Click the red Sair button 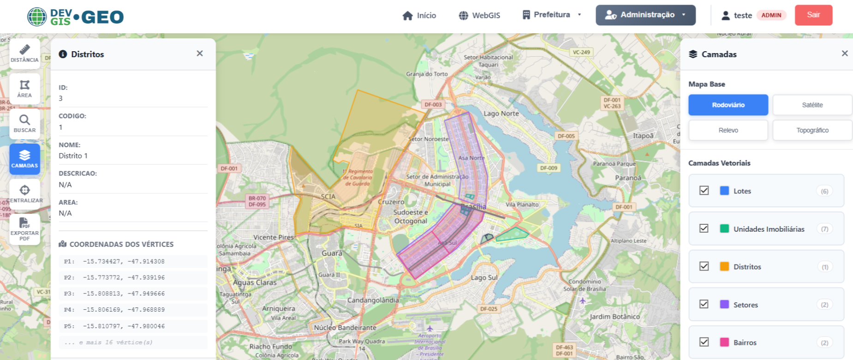[813, 15]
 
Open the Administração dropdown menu [645, 15]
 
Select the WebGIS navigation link [479, 16]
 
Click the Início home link [419, 16]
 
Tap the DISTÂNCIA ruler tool [24, 54]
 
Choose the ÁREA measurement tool [24, 89]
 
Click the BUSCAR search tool [24, 124]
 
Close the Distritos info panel [200, 54]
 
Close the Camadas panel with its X [845, 54]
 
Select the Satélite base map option [812, 105]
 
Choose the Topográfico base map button [812, 130]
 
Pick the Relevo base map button [728, 130]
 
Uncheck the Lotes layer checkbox [704, 191]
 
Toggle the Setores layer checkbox [704, 304]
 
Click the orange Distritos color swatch [724, 266]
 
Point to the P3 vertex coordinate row [133, 294]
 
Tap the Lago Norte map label [501, 114]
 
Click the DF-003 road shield [433, 105]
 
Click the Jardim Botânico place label [614, 317]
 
